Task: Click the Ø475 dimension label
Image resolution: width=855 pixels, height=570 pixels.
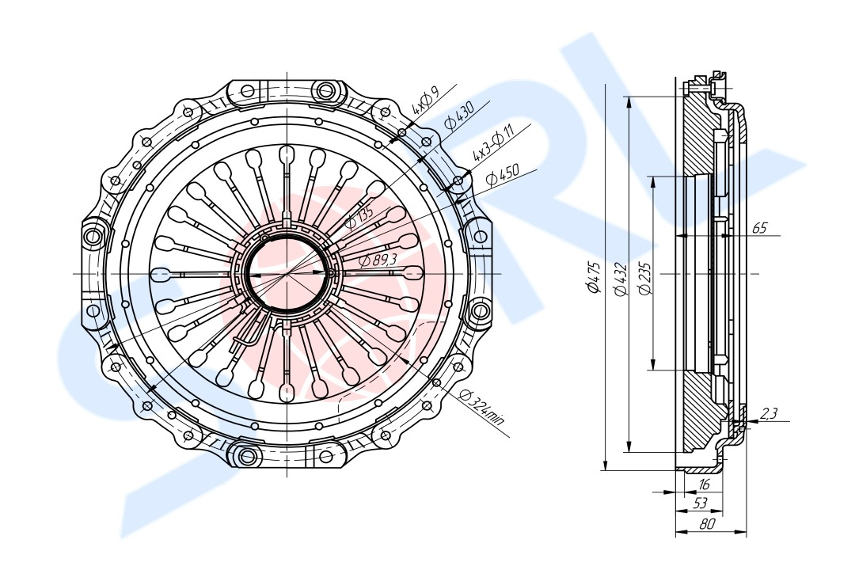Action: pyautogui.click(x=594, y=277)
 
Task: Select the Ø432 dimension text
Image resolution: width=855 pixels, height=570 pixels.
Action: pyautogui.click(x=620, y=279)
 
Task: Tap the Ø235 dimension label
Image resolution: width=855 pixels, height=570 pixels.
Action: pyautogui.click(x=646, y=279)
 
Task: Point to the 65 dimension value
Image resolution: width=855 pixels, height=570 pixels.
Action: pyautogui.click(x=759, y=228)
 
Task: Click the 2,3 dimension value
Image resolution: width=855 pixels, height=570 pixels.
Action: pyautogui.click(x=769, y=414)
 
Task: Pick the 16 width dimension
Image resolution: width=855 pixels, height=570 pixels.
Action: pyautogui.click(x=704, y=484)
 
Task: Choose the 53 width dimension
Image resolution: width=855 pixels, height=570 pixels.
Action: pyautogui.click(x=700, y=503)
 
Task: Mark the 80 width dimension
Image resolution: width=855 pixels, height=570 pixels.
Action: pyautogui.click(x=706, y=524)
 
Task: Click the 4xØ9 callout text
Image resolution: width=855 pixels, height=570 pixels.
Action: pyautogui.click(x=425, y=101)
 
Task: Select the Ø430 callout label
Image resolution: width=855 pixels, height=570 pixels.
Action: pyautogui.click(x=458, y=115)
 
